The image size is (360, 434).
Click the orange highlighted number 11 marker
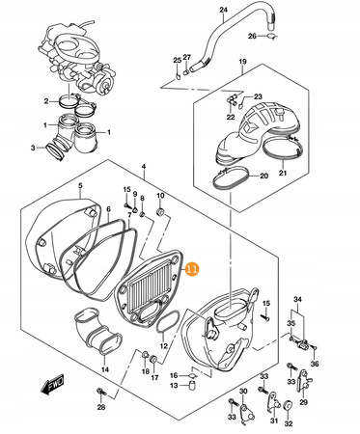pyautogui.click(x=192, y=269)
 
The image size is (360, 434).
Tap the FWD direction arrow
pyautogui.click(x=52, y=385)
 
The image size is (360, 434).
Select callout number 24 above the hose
pyautogui.click(x=223, y=10)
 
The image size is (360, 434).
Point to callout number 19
pyautogui.click(x=242, y=62)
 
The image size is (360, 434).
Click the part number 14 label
pyautogui.click(x=105, y=369)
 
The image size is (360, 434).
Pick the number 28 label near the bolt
pyautogui.click(x=101, y=408)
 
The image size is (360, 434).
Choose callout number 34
pyautogui.click(x=297, y=300)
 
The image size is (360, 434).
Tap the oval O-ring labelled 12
pyautogui.click(x=168, y=323)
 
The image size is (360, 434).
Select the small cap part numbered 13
pyautogui.click(x=192, y=385)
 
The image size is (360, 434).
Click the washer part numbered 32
pyautogui.click(x=288, y=406)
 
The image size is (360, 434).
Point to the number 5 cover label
pyautogui.click(x=80, y=185)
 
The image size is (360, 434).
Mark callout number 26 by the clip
pyautogui.click(x=252, y=36)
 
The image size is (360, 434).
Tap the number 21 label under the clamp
pyautogui.click(x=283, y=174)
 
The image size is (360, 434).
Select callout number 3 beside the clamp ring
pyautogui.click(x=33, y=148)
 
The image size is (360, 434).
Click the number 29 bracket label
pyautogui.click(x=303, y=402)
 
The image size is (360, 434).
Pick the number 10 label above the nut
pyautogui.click(x=160, y=196)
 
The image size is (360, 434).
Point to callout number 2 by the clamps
pyautogui.click(x=46, y=101)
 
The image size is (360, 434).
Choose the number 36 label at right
pyautogui.click(x=315, y=364)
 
